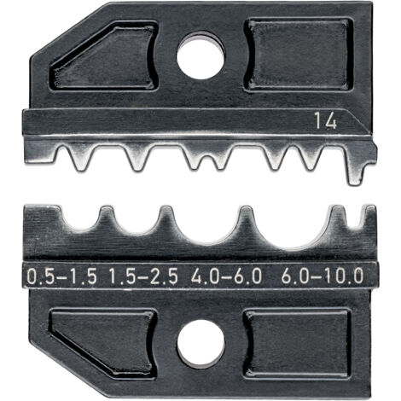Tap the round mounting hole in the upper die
coord(200,56)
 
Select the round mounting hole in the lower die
coord(201,343)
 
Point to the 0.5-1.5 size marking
coord(61,275)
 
